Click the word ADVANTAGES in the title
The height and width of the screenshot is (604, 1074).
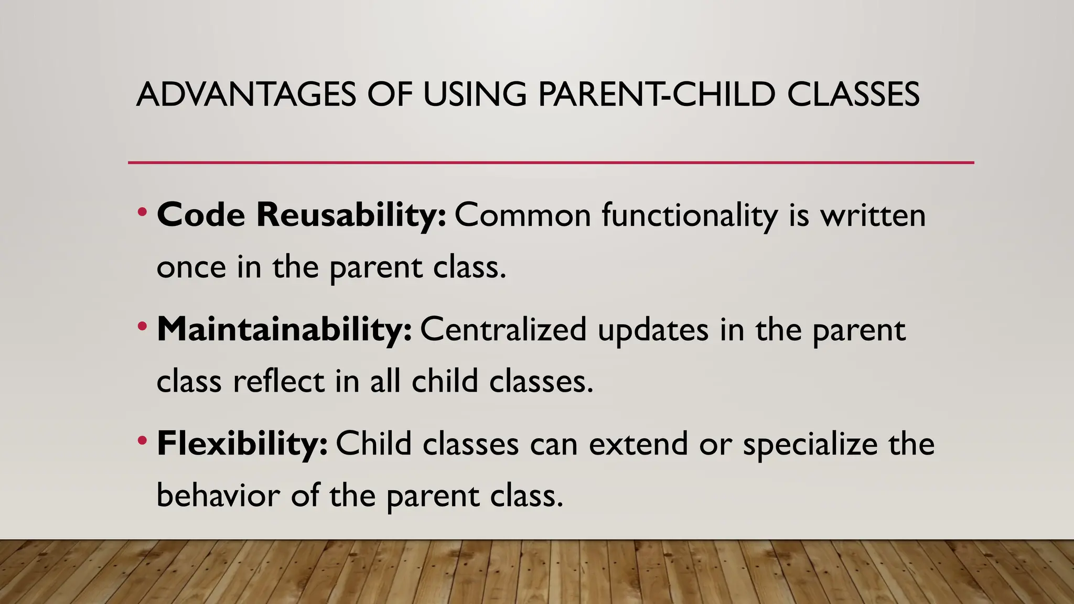tap(246, 95)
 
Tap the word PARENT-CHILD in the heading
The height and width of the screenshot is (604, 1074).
tap(656, 95)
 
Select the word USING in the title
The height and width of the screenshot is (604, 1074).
tap(475, 95)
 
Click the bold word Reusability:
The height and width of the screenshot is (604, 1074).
tap(351, 215)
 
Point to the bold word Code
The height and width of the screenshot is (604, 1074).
tap(201, 215)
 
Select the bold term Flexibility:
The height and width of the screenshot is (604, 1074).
tap(242, 444)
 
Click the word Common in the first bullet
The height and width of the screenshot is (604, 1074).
tap(522, 215)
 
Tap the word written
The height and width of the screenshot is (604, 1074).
tap(873, 215)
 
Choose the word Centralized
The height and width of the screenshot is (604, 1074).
tap(503, 329)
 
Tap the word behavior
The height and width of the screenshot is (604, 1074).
tap(218, 495)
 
